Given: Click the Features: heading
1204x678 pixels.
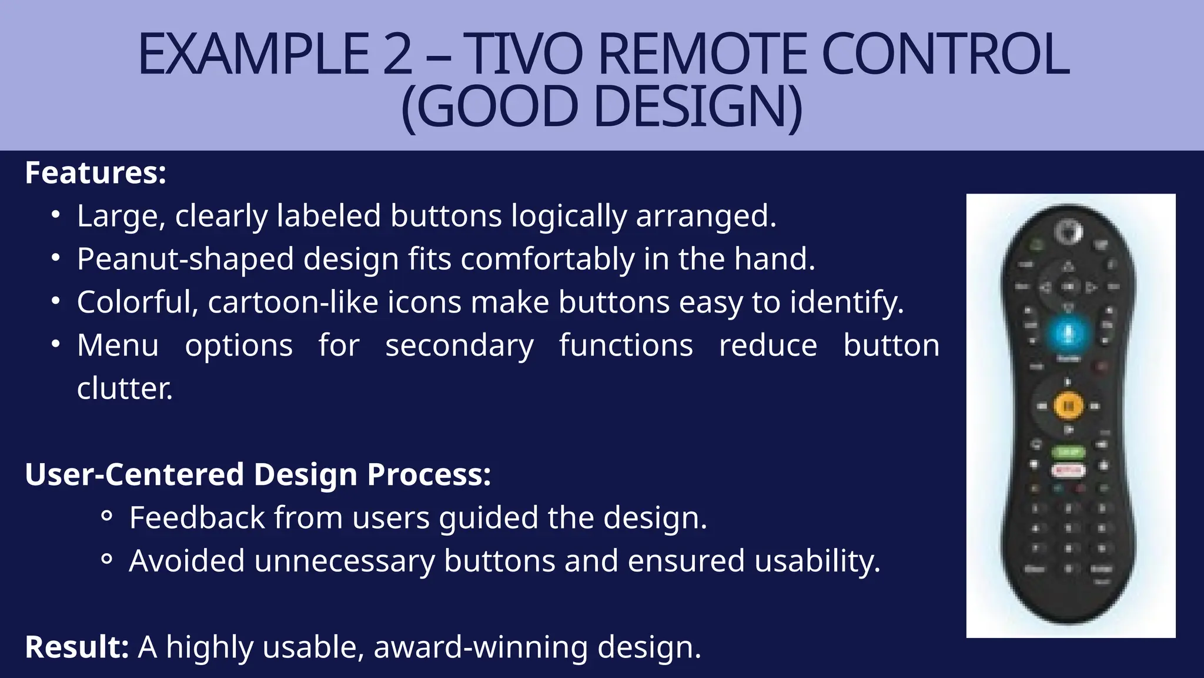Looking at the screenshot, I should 96,173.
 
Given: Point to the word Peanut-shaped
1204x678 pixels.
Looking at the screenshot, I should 185,259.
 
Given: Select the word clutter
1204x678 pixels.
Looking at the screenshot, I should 125,388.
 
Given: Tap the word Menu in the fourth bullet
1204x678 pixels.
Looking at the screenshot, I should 118,345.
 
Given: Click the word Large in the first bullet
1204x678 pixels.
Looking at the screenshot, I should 121,216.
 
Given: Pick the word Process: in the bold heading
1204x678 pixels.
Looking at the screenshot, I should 429,475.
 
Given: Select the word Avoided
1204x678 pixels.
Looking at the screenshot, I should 186,561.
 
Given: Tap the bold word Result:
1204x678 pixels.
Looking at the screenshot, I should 76,647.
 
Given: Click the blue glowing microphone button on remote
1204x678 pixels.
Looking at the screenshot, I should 1069,334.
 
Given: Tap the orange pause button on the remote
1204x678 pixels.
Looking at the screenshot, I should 1068,406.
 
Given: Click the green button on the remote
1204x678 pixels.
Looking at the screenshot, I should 1068,452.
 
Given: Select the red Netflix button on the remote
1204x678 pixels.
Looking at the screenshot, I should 1068,470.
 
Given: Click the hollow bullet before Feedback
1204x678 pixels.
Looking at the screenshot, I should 106,516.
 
